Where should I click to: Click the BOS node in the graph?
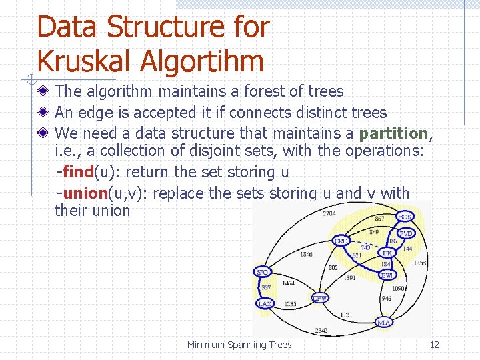405,217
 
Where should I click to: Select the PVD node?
406,234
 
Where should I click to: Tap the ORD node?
341,241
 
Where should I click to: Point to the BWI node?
387,275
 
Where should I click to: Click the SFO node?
263,272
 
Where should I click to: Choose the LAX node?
265,304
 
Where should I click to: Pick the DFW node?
320,298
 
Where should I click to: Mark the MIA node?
383,323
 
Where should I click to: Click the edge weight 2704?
329,214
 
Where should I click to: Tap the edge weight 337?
266,288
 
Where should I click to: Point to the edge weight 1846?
306,254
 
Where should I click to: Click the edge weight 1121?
345,313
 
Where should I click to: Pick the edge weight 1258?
420,263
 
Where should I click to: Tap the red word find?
78,172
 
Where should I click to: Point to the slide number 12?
434,345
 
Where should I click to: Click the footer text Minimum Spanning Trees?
239,345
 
